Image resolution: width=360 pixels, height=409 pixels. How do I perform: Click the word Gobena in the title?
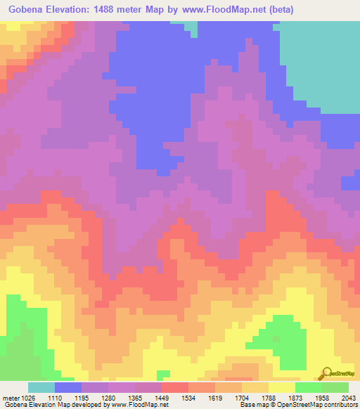coord(27,10)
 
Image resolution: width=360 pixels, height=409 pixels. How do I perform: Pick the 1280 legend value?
coord(110,397)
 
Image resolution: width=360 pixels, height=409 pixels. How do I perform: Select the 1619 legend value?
coord(216,397)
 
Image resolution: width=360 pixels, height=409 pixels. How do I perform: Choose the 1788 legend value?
coord(269,397)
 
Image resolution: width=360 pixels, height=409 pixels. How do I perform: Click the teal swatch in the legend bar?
coord(41,387)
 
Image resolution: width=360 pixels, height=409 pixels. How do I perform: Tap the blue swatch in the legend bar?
coord(68,387)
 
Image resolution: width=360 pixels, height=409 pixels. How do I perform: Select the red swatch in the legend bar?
coord(175,387)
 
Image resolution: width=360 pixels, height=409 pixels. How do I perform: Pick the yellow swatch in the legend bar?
coord(282,387)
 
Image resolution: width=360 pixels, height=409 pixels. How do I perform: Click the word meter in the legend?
coord(10,397)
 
